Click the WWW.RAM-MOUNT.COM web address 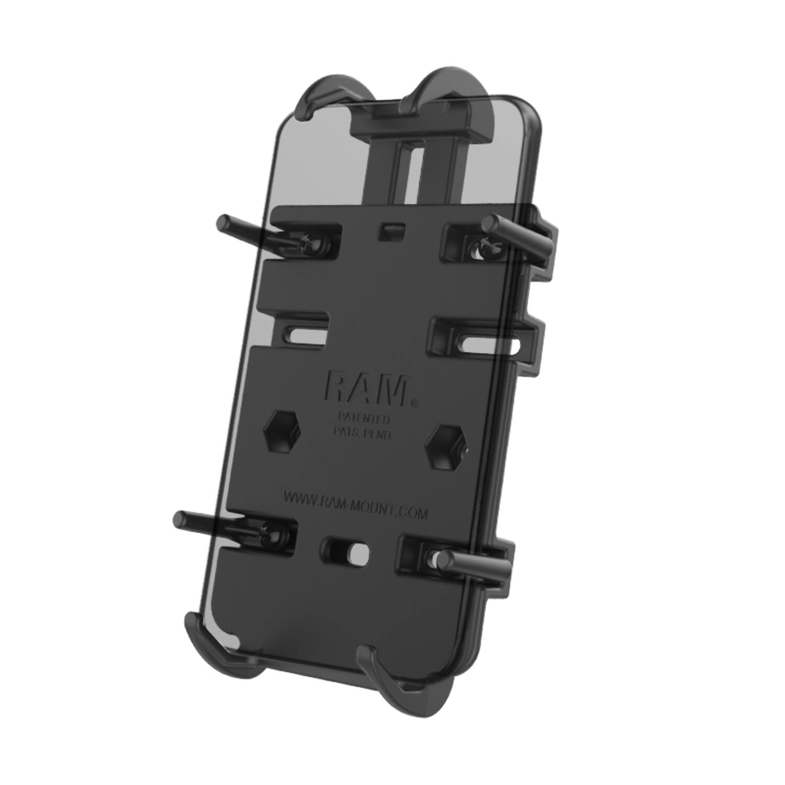(x=355, y=505)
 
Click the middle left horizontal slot (x=307, y=334)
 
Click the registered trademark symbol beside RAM (x=414, y=403)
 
